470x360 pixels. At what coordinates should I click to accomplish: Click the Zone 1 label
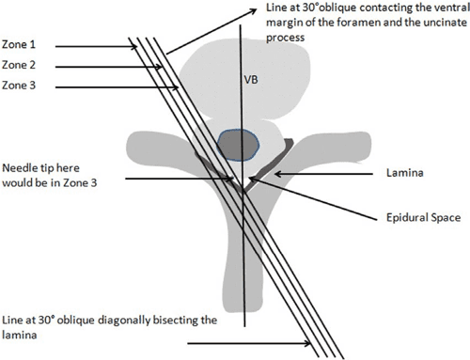(x=21, y=45)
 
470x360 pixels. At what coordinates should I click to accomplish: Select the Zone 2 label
(x=21, y=66)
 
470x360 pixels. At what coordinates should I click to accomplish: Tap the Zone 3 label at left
(x=21, y=86)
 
